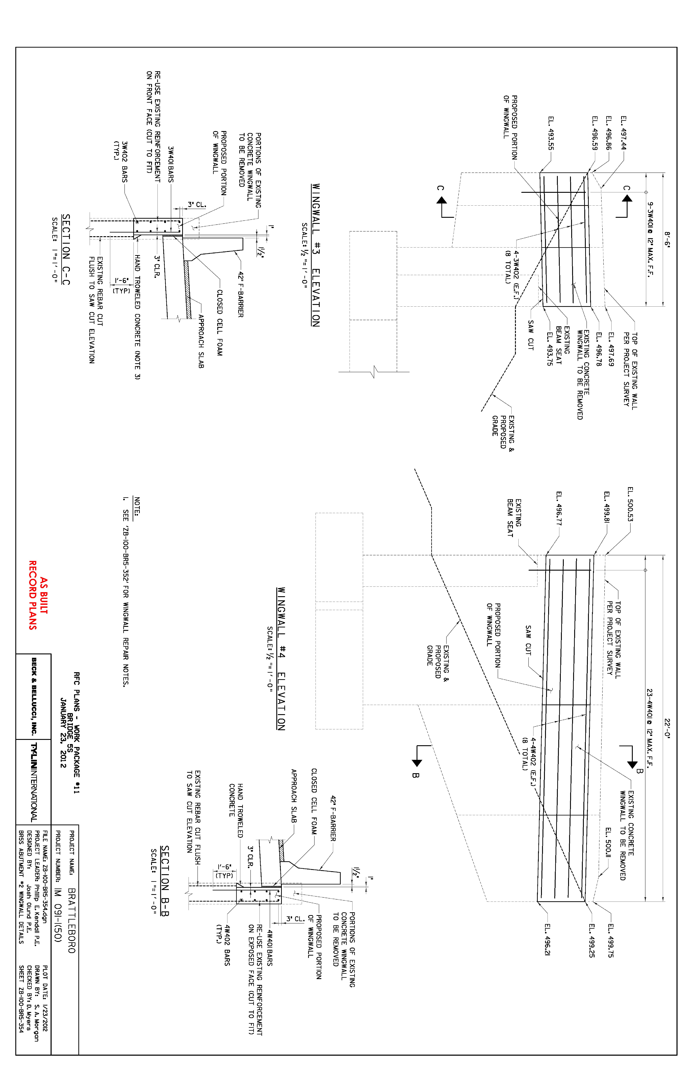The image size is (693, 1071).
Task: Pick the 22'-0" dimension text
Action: coord(667,729)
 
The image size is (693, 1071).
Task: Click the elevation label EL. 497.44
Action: coord(623,133)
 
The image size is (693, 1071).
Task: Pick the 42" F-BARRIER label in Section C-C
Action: coord(240,294)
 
